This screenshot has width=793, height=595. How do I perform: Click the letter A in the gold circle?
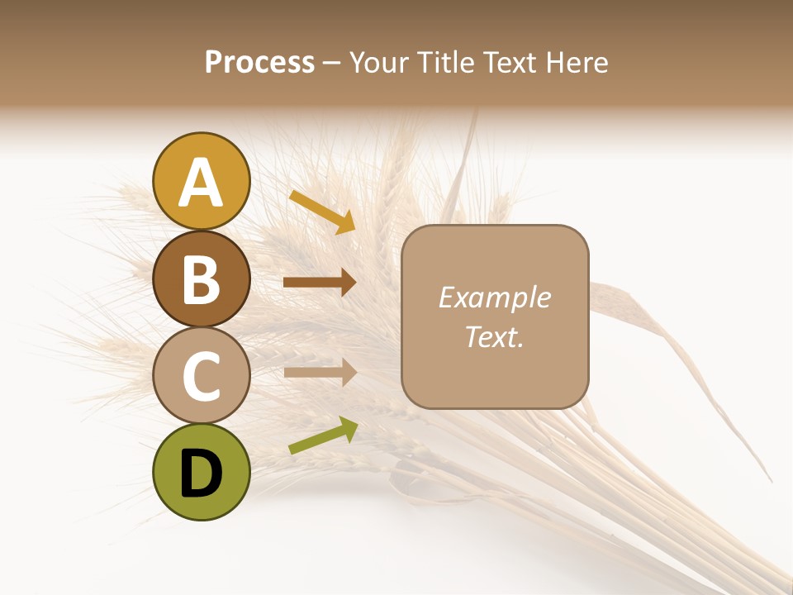tap(202, 183)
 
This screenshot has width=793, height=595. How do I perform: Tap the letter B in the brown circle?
tap(201, 279)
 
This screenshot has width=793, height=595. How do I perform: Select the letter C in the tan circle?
tap(201, 376)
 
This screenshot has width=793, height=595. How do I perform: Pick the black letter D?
tap(201, 474)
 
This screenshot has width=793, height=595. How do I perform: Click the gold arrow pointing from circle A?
tap(321, 212)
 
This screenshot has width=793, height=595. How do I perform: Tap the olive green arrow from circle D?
tap(322, 436)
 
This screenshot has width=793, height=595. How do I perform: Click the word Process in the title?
tap(259, 63)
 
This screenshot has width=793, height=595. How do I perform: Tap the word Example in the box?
tap(495, 297)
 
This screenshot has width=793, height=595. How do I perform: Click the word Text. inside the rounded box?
tap(495, 336)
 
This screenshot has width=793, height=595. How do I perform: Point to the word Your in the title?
tap(379, 63)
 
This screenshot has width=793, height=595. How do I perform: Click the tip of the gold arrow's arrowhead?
tap(354, 232)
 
